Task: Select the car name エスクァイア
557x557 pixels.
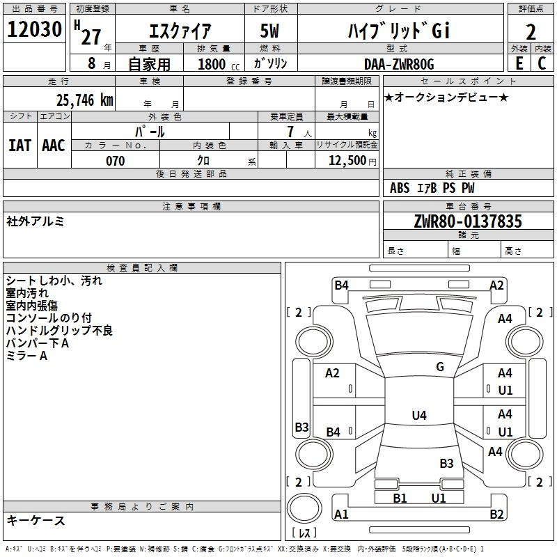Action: (x=180, y=31)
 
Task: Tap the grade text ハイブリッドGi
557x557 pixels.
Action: (x=399, y=31)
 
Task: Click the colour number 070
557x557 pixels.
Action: (x=115, y=161)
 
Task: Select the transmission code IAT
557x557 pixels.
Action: (x=19, y=145)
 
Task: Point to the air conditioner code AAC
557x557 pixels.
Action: (x=54, y=145)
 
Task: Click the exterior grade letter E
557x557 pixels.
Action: (x=519, y=63)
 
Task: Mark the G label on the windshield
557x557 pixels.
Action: (x=440, y=367)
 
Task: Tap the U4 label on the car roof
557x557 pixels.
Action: (x=418, y=416)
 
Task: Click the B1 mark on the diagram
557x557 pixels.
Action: (x=400, y=498)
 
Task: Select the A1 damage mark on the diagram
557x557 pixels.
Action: (x=341, y=515)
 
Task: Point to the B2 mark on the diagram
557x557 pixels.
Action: (x=496, y=515)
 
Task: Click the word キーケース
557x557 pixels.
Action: (x=36, y=521)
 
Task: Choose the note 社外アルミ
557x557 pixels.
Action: (x=36, y=221)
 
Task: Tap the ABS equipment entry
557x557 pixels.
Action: (x=400, y=188)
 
